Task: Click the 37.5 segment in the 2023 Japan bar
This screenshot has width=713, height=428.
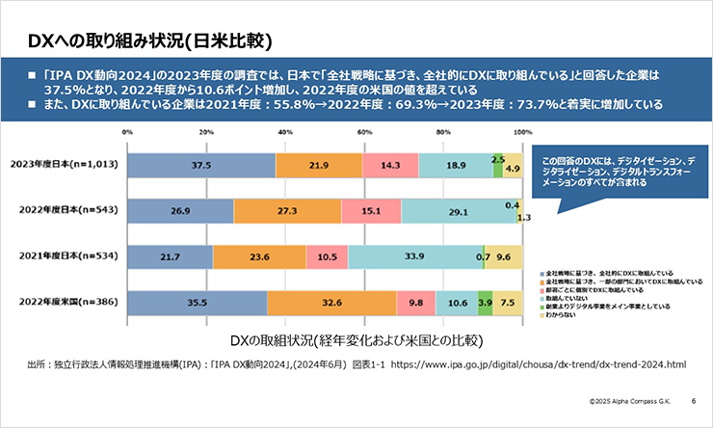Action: [x=200, y=166]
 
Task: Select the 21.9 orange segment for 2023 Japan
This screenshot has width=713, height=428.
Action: [x=319, y=166]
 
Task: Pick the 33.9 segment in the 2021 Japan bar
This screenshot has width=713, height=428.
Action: [x=415, y=256]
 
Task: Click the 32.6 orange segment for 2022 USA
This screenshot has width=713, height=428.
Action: [x=331, y=302]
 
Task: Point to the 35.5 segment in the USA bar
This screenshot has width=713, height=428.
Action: [x=198, y=302]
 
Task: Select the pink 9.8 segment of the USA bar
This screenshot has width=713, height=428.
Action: [x=415, y=302]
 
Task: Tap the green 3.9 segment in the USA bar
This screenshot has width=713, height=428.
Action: [x=485, y=302]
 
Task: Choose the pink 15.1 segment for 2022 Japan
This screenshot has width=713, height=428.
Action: [x=371, y=211]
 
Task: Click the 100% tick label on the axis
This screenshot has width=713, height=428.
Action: [x=522, y=132]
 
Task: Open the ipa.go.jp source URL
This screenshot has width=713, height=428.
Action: [x=540, y=365]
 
